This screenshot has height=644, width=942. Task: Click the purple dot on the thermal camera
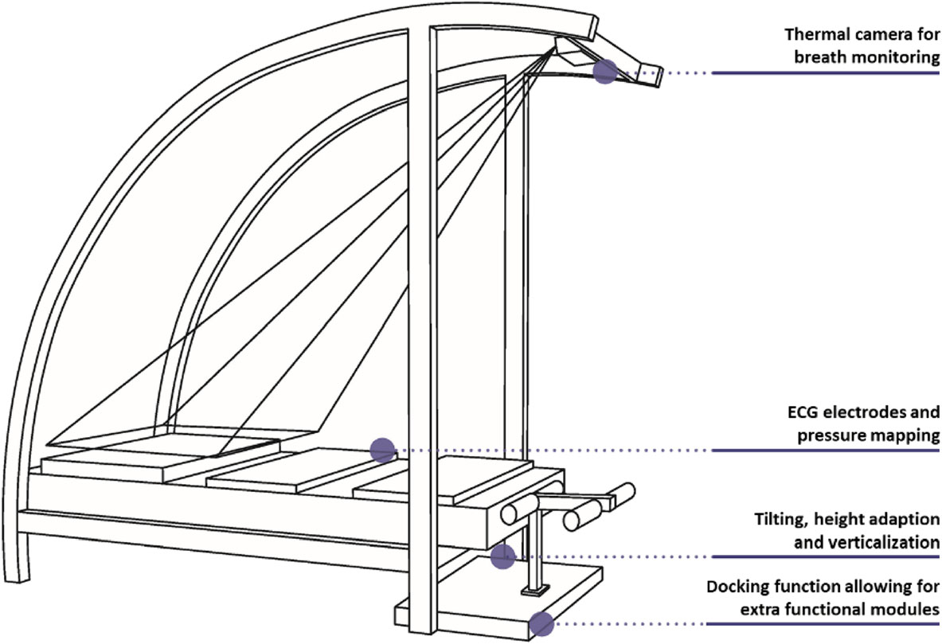[x=605, y=72]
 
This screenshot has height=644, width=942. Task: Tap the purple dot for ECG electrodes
[x=382, y=450]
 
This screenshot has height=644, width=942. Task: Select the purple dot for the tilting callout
[x=502, y=556]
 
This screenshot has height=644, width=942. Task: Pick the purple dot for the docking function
[x=541, y=623]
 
